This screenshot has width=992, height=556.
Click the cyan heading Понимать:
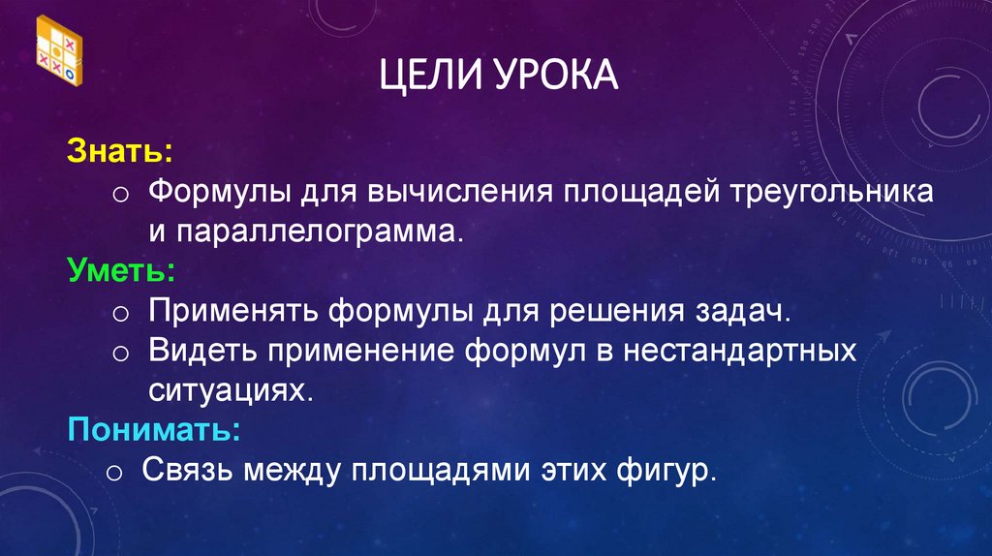click(153, 428)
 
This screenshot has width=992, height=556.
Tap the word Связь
click(188, 472)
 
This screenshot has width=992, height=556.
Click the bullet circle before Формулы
click(120, 193)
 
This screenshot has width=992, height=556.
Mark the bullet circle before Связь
click(113, 474)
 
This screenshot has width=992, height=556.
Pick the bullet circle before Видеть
click(120, 352)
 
